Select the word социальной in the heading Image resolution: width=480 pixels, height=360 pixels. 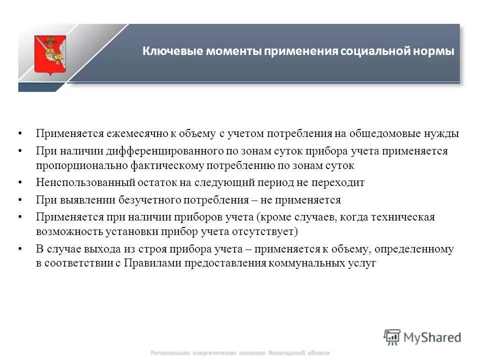point(368,52)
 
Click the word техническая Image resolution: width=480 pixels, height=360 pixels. point(404,217)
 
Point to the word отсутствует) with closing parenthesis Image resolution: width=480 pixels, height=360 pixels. point(270,231)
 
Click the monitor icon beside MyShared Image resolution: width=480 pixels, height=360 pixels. point(392,336)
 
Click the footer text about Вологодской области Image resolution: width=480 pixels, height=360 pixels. point(240,353)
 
